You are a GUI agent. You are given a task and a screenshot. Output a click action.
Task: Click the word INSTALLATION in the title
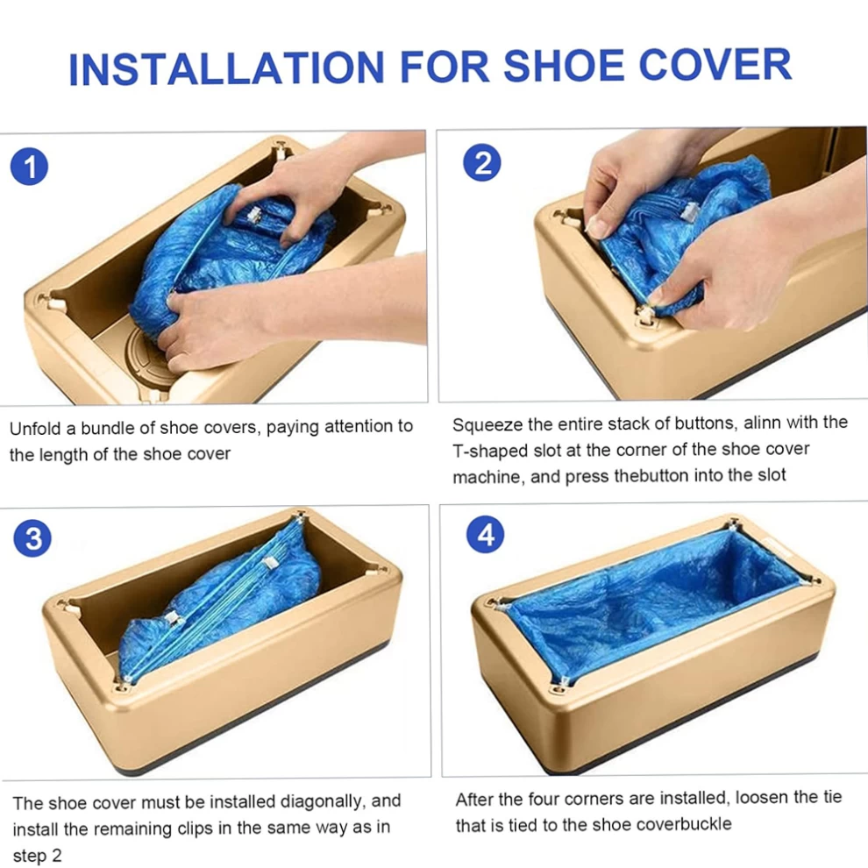coord(226,68)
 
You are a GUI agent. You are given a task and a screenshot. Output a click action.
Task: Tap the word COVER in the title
coord(715,65)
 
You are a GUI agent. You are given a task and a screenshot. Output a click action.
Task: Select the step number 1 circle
coord(29,167)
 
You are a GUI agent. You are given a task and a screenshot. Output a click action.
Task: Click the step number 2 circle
coord(481,163)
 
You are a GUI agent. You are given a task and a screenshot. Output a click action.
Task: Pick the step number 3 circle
coord(32,538)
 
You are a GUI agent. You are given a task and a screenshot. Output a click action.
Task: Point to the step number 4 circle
coord(486,535)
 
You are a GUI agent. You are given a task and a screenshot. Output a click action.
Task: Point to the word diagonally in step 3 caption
coord(324,802)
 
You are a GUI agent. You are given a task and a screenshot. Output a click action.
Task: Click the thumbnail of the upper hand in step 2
coord(597,227)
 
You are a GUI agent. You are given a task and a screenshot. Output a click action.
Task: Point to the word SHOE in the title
coord(563,66)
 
